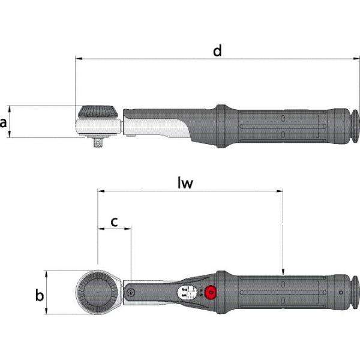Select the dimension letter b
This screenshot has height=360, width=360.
click(x=38, y=295)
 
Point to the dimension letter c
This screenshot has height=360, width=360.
click(x=113, y=221)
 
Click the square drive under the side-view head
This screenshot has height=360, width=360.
click(x=97, y=142)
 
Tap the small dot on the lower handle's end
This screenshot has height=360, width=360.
click(x=341, y=293)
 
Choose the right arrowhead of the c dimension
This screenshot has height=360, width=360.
click(x=128, y=229)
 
